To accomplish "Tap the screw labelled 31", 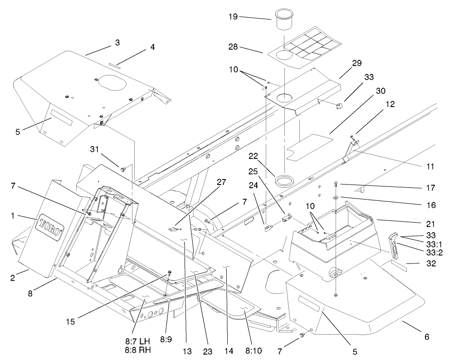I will pyautogui.click(x=122, y=169).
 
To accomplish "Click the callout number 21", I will pyautogui.click(x=430, y=224).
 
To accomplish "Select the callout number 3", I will pyautogui.click(x=117, y=43).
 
